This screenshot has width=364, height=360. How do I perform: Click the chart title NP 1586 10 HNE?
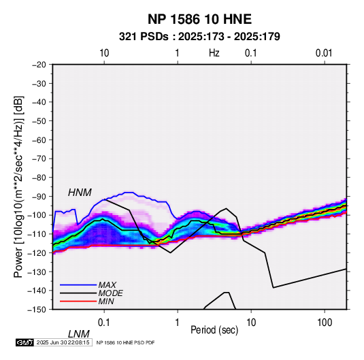coord(199,19)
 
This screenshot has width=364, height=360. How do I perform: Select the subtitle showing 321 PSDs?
coord(199,37)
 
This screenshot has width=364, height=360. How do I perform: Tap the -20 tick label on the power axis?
coord(39,65)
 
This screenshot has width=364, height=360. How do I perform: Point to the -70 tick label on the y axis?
coord(39,159)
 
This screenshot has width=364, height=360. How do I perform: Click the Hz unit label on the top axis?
coord(214,53)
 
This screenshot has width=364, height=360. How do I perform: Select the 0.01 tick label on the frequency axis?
coord(324,53)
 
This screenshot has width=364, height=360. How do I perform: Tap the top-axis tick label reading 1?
coord(177,53)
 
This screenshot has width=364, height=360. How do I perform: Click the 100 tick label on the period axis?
coord(325,323)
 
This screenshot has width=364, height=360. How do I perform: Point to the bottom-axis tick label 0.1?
coord(104,323)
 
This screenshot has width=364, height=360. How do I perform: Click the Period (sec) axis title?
coord(214,330)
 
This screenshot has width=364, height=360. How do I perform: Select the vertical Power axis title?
coord(18,187)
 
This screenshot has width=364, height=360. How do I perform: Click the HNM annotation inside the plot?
coord(80,193)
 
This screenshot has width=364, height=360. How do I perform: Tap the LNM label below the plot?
coord(79,334)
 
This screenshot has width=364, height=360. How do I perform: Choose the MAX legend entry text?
coord(107,284)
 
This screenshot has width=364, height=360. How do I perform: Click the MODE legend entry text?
coord(110,293)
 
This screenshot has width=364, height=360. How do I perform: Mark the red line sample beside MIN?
coord(78,301)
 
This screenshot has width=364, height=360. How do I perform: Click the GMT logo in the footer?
coord(25,342)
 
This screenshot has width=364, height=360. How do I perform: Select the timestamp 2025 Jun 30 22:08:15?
coord(63,342)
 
